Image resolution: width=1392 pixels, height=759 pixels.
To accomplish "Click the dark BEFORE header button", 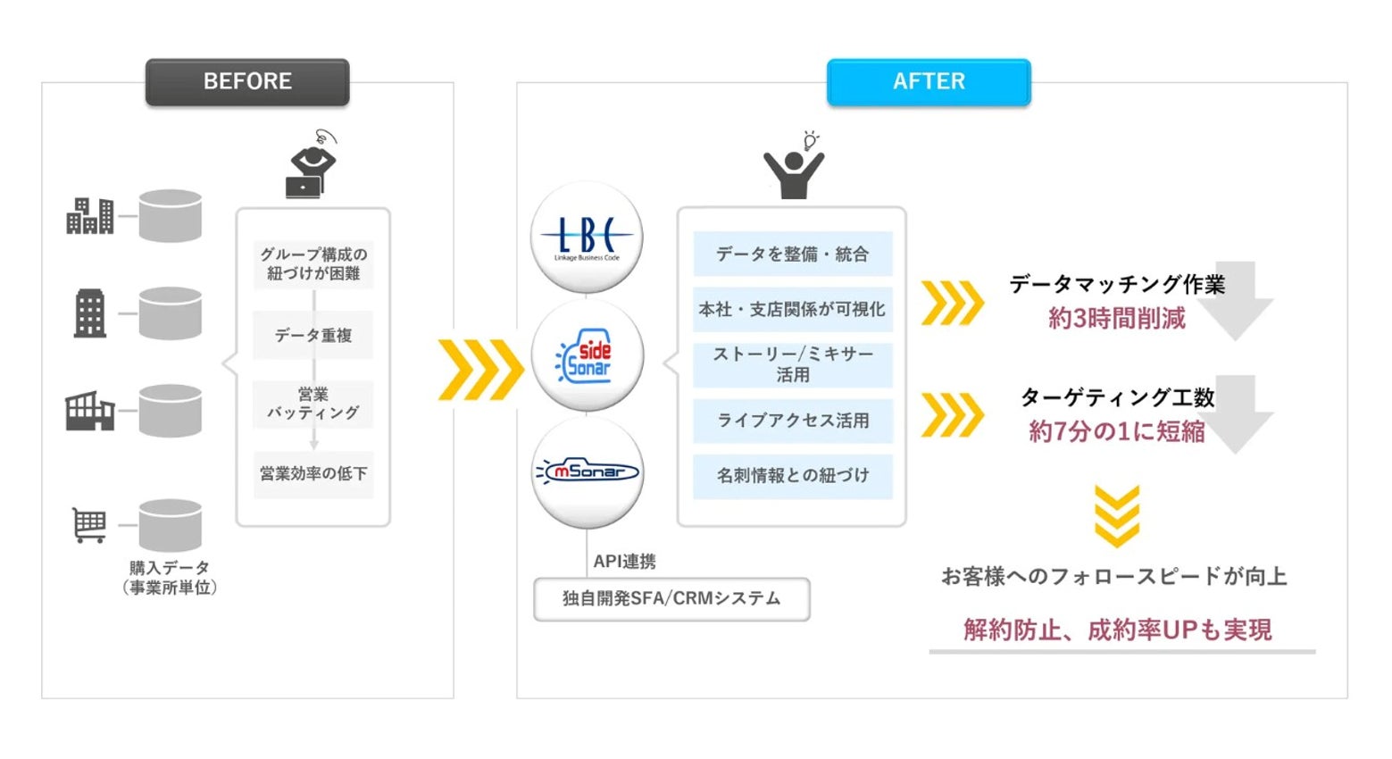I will (x=247, y=82).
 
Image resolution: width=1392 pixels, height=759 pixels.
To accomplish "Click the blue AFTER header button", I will (x=929, y=82).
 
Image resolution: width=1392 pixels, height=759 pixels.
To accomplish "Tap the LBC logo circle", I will (x=587, y=237).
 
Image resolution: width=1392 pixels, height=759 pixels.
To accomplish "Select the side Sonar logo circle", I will (x=587, y=356).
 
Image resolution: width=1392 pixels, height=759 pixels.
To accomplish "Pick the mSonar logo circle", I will (x=587, y=471).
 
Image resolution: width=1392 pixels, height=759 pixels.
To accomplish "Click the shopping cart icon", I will (x=89, y=525).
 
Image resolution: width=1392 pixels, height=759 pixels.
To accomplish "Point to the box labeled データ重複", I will (x=313, y=335).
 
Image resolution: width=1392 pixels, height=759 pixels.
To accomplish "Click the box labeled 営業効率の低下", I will (x=313, y=473).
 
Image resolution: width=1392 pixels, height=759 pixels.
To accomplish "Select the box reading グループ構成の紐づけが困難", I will (x=313, y=263).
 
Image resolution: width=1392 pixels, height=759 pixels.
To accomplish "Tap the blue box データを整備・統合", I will (x=792, y=254).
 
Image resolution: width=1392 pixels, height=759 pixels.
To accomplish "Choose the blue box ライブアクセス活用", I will (x=792, y=420).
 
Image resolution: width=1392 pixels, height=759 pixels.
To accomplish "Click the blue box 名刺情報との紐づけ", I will (x=792, y=475).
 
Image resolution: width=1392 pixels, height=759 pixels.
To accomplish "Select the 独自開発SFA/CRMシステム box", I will (x=671, y=598).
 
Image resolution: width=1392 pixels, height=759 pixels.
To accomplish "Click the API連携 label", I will (x=624, y=561).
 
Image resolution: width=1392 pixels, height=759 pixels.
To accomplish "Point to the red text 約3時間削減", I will (x=1116, y=319).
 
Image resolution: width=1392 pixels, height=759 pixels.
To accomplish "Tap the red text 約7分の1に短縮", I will (x=1116, y=431).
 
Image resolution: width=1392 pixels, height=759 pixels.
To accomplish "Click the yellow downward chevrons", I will (x=1116, y=516).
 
